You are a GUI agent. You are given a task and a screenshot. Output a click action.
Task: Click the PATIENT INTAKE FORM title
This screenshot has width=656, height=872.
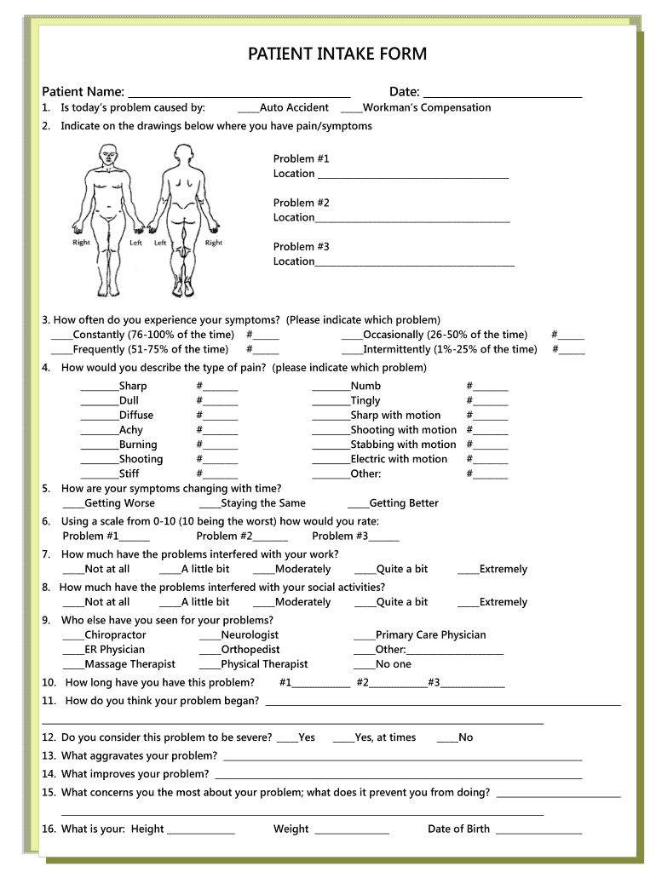point(337,54)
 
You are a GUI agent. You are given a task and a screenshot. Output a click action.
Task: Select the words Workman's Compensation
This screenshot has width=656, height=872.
point(427,107)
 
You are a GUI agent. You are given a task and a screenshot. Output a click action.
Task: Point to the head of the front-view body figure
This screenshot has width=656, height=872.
point(107,154)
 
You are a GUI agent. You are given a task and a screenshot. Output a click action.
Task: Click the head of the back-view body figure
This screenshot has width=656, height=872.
point(184,154)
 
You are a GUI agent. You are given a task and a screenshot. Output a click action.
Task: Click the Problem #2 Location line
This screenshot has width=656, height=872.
point(412,220)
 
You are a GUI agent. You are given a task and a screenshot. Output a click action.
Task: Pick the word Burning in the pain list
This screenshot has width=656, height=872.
point(138,445)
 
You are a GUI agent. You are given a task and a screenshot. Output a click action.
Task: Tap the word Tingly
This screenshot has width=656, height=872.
point(365,400)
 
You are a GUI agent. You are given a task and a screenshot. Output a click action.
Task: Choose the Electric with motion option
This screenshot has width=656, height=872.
point(399,459)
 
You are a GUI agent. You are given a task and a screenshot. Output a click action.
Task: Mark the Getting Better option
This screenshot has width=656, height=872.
point(404,503)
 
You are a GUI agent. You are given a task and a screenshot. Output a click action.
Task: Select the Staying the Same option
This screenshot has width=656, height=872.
point(262,503)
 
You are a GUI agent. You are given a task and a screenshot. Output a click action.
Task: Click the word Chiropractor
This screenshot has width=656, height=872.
point(115,634)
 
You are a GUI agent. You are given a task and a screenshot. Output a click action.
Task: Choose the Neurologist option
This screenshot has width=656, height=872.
point(250,634)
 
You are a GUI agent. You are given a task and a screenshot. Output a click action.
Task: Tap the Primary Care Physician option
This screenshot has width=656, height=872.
point(430,634)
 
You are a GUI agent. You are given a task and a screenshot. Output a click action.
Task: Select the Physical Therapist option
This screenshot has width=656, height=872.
point(264,664)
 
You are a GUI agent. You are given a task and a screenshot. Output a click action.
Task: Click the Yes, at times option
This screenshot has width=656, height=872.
point(385,737)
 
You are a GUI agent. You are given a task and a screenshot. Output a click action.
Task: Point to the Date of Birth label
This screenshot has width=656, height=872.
point(458,829)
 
